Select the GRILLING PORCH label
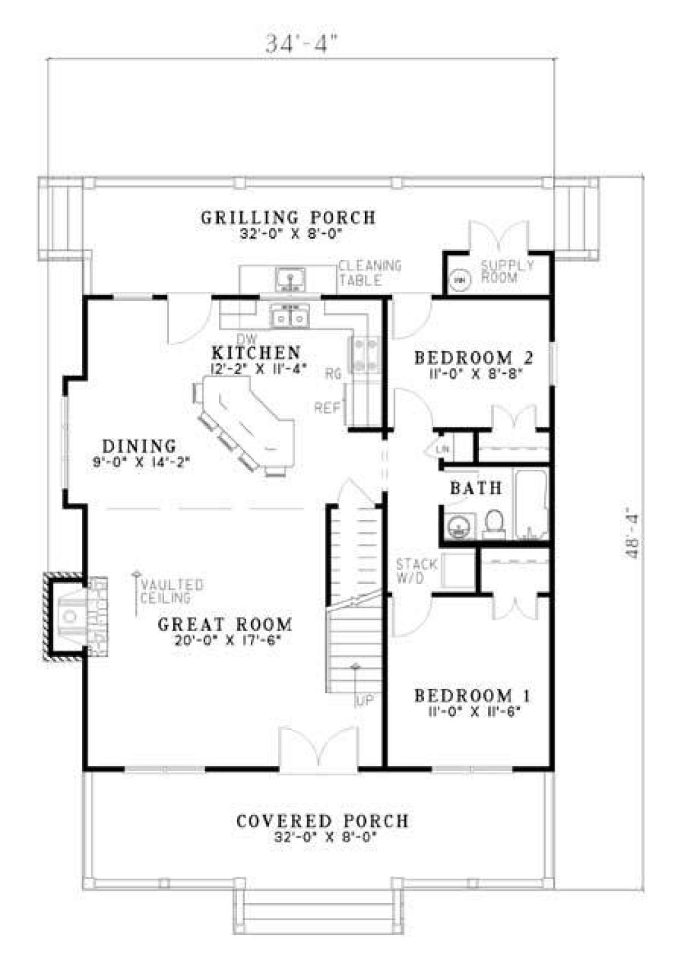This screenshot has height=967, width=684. click(x=288, y=218)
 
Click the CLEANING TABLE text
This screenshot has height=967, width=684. click(x=370, y=272)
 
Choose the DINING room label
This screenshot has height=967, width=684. click(x=140, y=445)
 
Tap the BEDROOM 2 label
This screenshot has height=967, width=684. click(x=474, y=358)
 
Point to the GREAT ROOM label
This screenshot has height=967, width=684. click(x=225, y=624)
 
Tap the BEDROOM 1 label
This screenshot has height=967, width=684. click(x=473, y=696)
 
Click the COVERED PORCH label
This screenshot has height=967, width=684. click(x=322, y=821)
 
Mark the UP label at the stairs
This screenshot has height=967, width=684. click(x=364, y=701)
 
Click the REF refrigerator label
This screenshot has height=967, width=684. click(x=327, y=408)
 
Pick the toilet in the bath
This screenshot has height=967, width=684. click(x=494, y=524)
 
